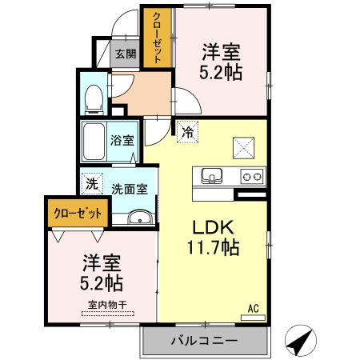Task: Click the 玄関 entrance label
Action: tap(125, 54)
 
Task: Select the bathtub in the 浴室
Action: tap(96, 142)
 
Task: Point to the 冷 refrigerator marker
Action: tap(187, 132)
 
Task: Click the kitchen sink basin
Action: tap(211, 176)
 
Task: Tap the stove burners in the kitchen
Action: tap(252, 176)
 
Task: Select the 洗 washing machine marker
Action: tap(91, 183)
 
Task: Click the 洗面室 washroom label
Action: tap(128, 190)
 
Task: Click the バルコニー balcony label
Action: tap(203, 341)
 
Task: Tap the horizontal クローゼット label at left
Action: tap(78, 214)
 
